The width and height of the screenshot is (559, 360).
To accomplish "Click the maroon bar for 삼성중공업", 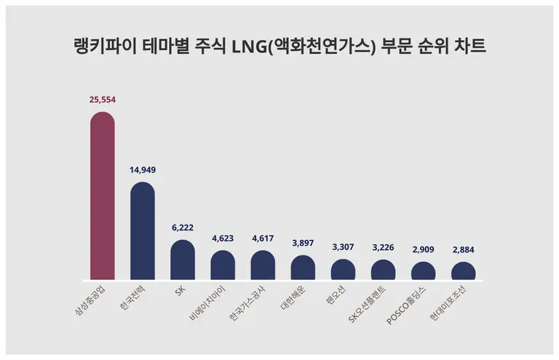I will point(102,196).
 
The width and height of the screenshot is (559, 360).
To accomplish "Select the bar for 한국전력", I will point(143,231).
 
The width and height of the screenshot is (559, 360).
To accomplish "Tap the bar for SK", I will point(183,260).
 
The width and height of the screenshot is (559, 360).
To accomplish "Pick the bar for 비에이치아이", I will point(223,265).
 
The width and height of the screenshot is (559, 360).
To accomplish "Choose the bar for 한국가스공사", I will point(263,265).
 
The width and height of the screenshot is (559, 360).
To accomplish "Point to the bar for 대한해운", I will point(303,268).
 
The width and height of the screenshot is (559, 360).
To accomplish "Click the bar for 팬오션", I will point(343,270).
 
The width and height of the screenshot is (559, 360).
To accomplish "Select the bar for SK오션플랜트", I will point(383,270).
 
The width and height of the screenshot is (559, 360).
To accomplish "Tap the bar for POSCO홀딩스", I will point(423,271).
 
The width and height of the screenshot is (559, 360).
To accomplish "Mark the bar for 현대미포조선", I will point(463,271).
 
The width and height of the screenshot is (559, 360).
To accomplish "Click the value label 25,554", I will point(102,100).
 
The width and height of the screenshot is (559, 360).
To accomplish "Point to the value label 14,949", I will point(143,170).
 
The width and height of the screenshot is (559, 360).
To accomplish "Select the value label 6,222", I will point(183,228).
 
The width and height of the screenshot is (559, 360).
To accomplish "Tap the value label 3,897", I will point(303,244).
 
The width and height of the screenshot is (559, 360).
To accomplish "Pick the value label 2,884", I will point(463,250).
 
